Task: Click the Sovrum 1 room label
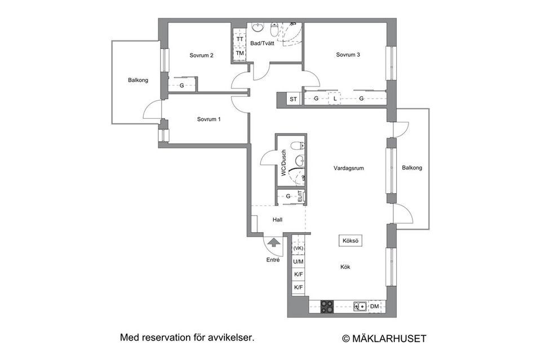click(x=209, y=119)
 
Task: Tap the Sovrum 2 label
click(x=201, y=55)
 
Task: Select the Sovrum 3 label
click(x=348, y=55)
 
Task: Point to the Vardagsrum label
click(x=348, y=167)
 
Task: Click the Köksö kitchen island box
click(x=350, y=241)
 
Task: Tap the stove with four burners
click(x=327, y=306)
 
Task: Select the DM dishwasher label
click(x=374, y=306)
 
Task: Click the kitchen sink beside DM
click(x=360, y=306)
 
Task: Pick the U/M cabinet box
click(x=298, y=261)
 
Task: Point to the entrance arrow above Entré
click(x=273, y=243)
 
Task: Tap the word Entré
click(x=273, y=260)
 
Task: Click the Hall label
click(x=277, y=220)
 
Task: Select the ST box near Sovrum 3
click(x=293, y=99)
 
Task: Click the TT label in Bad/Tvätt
click(x=240, y=39)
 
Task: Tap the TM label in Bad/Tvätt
click(x=240, y=54)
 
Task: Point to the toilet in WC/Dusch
click(x=295, y=148)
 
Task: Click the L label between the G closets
click(x=335, y=99)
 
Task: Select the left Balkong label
click(x=138, y=80)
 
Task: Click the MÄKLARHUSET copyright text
click(x=384, y=339)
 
